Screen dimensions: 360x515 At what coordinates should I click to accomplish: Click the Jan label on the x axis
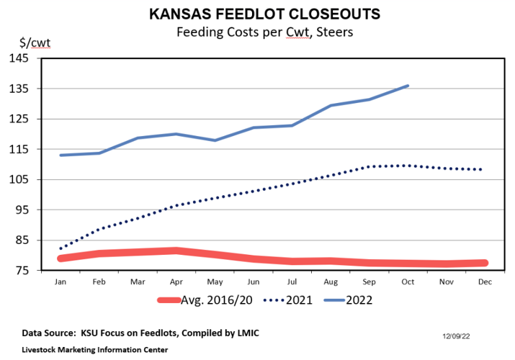pyautogui.click(x=61, y=283)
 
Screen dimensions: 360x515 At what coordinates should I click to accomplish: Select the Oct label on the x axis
pyautogui.click(x=408, y=283)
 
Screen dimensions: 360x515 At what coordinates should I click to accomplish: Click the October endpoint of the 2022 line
pyautogui.click(x=408, y=86)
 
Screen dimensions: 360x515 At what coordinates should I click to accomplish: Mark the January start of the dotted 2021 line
pyautogui.click(x=61, y=248)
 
